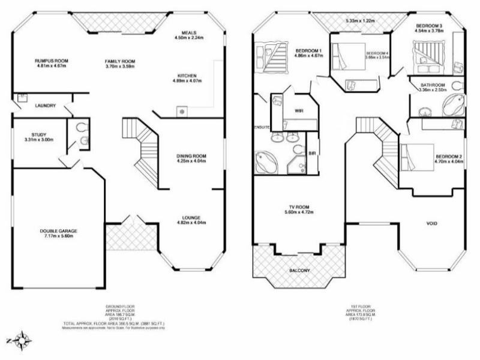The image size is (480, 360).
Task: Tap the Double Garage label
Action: tap(59, 230)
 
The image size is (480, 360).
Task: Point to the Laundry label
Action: tap(46, 106)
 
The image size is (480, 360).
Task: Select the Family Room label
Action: tap(119, 61)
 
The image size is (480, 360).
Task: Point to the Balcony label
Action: tap(300, 271)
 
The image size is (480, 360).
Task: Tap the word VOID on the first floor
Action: tap(431, 224)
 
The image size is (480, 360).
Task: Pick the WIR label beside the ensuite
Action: tap(298, 111)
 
